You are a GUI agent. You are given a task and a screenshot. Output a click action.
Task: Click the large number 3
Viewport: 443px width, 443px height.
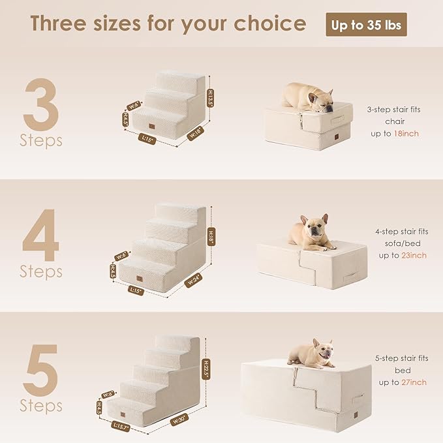point(40,104)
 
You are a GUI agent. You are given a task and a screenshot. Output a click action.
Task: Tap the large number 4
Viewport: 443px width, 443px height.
point(41,234)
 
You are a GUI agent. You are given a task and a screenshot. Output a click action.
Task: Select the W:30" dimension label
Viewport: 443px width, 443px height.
point(180,420)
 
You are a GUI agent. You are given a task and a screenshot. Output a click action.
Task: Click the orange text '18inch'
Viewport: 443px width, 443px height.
point(406,133)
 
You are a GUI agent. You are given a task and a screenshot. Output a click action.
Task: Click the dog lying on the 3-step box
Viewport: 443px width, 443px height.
point(308,97)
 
